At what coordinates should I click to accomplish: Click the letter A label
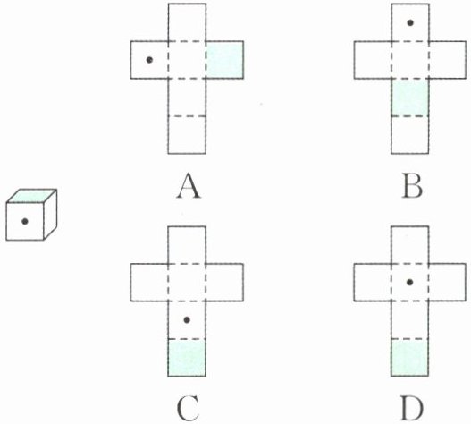point(189,185)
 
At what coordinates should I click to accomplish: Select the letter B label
point(412,186)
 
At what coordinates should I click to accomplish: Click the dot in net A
point(149,60)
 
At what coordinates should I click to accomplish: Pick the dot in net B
point(410,22)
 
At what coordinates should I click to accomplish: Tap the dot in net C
point(187,320)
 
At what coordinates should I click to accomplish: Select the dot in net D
point(409,282)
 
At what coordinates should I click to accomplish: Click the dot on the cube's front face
point(25,221)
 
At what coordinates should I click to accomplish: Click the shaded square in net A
point(224,60)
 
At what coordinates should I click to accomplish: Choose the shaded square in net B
point(410,98)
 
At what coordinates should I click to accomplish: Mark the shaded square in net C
point(187,358)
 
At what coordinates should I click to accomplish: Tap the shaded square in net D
point(410,358)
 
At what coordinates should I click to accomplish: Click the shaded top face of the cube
point(31,196)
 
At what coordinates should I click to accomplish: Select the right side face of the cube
point(50,215)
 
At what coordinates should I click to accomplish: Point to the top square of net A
point(187,22)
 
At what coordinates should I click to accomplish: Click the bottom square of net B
point(410,135)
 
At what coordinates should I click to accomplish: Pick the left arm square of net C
point(149,282)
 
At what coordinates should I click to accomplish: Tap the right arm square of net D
point(447,282)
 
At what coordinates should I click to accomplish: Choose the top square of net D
point(410,245)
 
